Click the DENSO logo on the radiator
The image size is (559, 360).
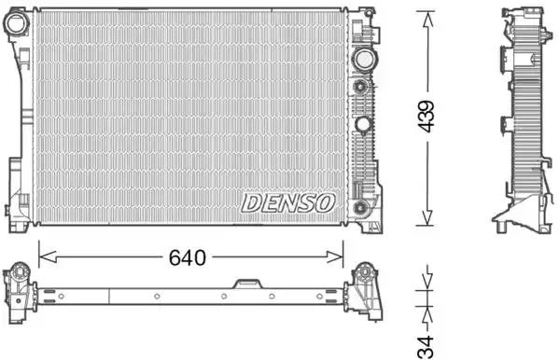[288, 202]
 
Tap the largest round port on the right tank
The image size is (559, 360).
[361, 59]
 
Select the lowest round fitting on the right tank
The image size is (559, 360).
[359, 207]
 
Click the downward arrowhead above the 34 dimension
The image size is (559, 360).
[426, 284]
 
